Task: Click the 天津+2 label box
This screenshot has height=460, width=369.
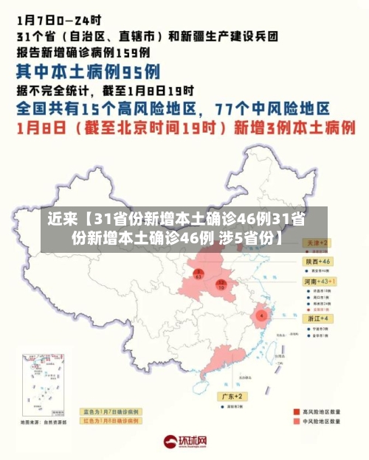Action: pos(319,243)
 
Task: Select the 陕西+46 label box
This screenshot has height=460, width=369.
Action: pos(319,262)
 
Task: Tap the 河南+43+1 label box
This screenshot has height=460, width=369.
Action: pos(320,282)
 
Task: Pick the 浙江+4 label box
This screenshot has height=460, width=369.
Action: pos(319,318)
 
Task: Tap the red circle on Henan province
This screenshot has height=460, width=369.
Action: pos(221,285)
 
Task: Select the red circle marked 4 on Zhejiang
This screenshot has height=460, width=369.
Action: pos(261,316)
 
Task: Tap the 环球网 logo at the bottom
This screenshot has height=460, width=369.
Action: pos(184,442)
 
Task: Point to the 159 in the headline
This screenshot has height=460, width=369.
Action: pos(130,52)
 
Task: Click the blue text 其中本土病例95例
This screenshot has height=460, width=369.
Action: pos(89,72)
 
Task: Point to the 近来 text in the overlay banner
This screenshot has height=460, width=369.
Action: pos(62,219)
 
